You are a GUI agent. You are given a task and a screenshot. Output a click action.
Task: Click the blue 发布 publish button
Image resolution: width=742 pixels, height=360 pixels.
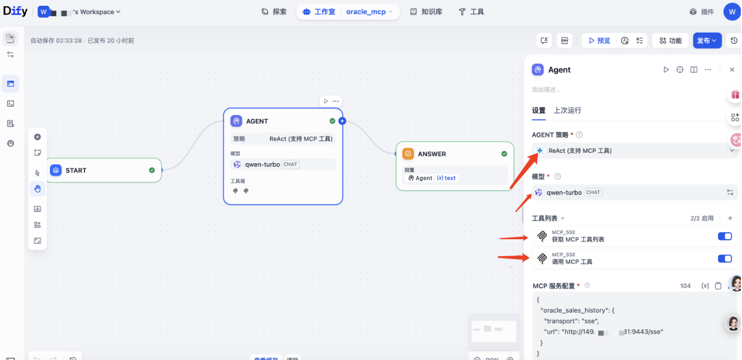tap(707, 41)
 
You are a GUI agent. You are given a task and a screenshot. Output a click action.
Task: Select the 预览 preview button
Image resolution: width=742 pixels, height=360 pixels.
tap(599, 41)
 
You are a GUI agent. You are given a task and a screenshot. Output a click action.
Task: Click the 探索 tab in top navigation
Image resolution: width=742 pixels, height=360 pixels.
tap(274, 12)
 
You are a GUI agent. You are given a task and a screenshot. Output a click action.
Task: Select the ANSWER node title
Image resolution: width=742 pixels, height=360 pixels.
tap(432, 154)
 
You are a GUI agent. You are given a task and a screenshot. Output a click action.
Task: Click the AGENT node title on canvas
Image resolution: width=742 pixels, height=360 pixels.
tap(257, 121)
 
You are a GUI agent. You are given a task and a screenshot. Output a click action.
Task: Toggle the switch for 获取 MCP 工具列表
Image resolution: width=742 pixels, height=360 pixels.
tap(725, 236)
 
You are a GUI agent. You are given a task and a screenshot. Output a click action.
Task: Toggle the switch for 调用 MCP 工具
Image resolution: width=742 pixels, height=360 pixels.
tap(725, 258)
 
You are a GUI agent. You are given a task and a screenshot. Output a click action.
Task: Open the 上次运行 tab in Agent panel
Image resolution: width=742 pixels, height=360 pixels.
tap(567, 110)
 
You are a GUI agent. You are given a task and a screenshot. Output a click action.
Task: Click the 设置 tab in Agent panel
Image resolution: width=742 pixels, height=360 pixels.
tap(538, 110)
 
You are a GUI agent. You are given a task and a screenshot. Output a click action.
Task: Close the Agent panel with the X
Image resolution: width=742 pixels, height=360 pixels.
tap(732, 70)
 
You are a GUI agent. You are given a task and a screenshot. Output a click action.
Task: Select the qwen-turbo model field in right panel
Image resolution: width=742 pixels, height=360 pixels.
tap(627, 192)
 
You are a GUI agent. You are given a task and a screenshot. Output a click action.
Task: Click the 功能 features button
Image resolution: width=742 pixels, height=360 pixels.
tap(670, 41)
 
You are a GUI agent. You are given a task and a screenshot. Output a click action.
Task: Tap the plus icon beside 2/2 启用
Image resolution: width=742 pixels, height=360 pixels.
tap(730, 218)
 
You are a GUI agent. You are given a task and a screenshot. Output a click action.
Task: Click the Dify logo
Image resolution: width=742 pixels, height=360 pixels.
tap(15, 11)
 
